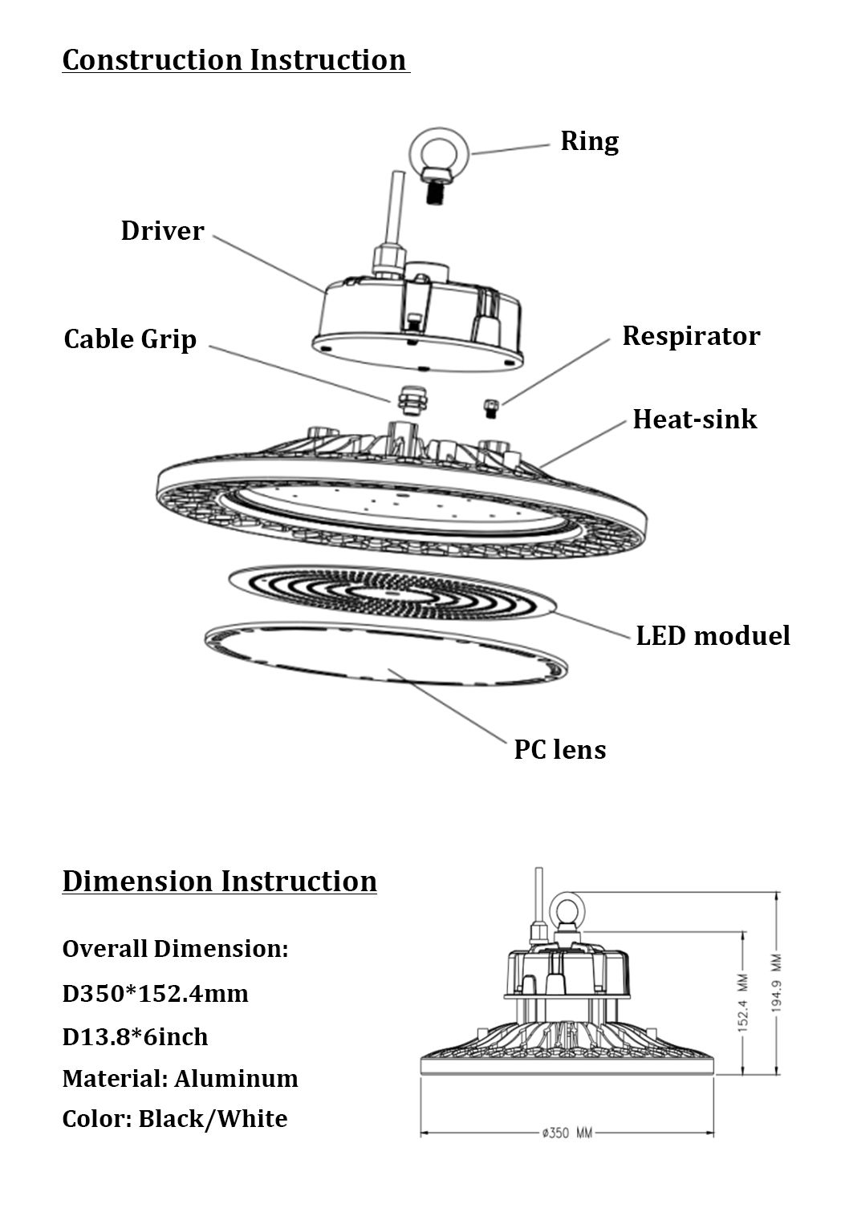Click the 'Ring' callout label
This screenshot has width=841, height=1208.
pos(589,141)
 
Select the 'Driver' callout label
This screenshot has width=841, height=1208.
pos(162,231)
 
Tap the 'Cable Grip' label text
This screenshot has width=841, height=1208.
pos(130,338)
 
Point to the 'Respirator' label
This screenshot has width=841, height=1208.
pos(690,335)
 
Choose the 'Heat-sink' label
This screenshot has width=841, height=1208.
pos(694,419)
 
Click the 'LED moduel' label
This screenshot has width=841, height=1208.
pos(713,635)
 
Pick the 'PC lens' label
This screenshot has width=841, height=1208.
pos(559,749)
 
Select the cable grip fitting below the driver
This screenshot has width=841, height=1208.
pos(410,395)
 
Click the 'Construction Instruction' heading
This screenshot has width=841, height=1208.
pos(234,60)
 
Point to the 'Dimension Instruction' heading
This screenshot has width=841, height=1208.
pos(219,881)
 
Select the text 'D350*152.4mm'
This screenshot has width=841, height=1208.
pos(155,994)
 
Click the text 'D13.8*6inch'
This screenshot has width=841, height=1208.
pos(135,1036)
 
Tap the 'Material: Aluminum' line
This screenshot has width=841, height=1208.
pos(180,1078)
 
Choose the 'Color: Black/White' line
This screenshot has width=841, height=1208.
pos(174,1119)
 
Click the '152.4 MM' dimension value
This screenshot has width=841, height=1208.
pos(743,1002)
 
